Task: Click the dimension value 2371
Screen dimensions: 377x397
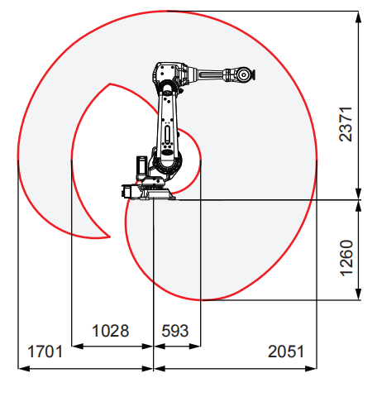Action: [346, 124]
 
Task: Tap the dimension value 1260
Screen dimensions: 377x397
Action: [346, 258]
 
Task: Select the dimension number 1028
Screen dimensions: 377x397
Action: [110, 331]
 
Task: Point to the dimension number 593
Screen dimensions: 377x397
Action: [175, 331]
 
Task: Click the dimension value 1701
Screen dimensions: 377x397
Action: [45, 352]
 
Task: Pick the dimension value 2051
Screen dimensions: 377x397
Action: [286, 352]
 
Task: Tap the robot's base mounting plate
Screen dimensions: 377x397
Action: [158, 195]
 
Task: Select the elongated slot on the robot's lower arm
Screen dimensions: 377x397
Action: [167, 133]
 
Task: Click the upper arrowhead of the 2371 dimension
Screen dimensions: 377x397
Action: [358, 17]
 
